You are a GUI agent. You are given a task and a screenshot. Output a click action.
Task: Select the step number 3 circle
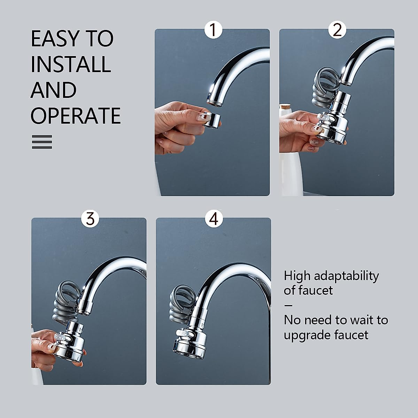click(90, 219)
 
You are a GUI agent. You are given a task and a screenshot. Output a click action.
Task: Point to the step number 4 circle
click(214, 219)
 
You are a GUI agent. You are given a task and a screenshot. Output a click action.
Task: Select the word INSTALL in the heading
click(71, 64)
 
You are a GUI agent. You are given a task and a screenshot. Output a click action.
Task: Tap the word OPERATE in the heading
click(76, 116)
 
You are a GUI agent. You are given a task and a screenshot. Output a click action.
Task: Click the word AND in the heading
click(53, 90)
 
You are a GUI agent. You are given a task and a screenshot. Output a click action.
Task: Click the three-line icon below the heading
click(42, 142)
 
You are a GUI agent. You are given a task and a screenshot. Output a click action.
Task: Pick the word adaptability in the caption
click(346, 276)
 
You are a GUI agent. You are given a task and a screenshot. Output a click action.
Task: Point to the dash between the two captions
click(288, 305)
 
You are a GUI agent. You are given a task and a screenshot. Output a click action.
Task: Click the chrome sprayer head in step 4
click(190, 338)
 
